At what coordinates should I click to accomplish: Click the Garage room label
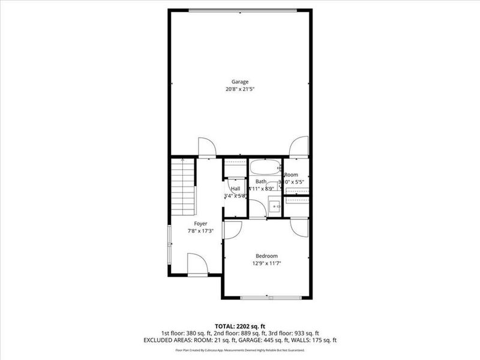(240, 82)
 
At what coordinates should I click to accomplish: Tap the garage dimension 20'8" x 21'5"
(240, 90)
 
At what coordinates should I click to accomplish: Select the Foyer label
(192, 223)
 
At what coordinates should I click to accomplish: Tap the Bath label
(261, 181)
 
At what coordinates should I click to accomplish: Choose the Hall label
(236, 188)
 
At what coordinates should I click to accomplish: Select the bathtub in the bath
(265, 167)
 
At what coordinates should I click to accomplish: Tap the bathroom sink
(275, 207)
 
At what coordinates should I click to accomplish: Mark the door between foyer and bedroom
(232, 230)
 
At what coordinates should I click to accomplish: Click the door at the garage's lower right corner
(298, 148)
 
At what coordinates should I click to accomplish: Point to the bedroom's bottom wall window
(271, 297)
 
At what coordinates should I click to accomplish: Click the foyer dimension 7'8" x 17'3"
(192, 231)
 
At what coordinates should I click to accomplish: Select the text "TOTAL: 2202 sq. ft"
(239, 326)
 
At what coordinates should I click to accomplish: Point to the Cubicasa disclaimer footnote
(239, 350)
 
